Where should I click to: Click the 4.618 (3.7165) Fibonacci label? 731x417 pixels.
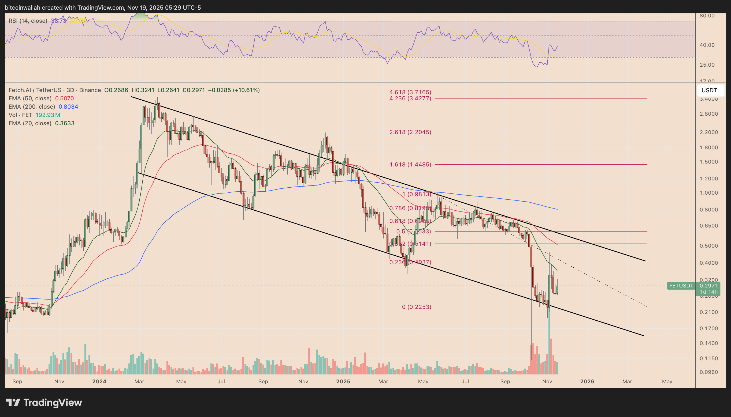[x=410, y=92]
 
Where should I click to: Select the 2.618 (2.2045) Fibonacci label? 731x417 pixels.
[x=410, y=132]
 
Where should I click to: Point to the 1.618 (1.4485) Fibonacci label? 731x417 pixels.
[x=410, y=164]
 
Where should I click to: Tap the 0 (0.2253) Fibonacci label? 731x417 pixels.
[x=416, y=307]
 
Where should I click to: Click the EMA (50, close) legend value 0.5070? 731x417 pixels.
[x=64, y=98]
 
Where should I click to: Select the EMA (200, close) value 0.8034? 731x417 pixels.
[x=68, y=107]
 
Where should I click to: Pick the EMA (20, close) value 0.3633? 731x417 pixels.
[x=65, y=123]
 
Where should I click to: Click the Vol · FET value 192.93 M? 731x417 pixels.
[x=48, y=115]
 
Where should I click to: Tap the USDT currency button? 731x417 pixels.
[x=709, y=90]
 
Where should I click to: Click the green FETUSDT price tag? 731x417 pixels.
[x=681, y=286]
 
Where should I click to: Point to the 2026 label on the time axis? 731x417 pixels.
[x=587, y=381]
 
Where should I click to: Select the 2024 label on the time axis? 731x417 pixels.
[x=99, y=381]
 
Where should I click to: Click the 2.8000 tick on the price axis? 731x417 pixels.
[x=709, y=114]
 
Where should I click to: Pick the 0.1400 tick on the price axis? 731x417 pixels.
[x=709, y=343]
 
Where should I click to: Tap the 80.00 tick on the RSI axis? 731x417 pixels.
[x=707, y=16]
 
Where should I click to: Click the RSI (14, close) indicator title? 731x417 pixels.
[x=28, y=21]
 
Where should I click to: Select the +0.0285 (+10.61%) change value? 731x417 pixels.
[x=234, y=90]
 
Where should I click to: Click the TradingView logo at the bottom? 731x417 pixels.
[x=44, y=402]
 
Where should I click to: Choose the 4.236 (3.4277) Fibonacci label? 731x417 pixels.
[x=410, y=98]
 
